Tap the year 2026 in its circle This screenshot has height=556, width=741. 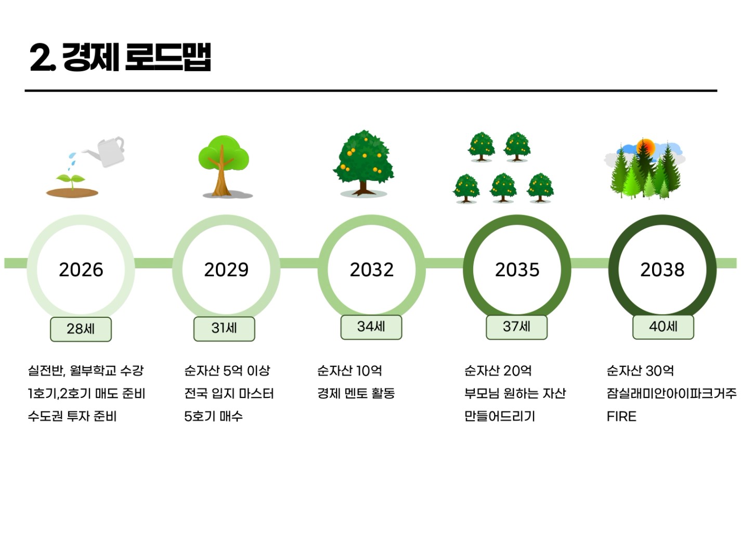[81, 269]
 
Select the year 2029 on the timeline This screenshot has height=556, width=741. [226, 269]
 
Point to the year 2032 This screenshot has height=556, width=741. [372, 269]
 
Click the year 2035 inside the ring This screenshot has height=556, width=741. [517, 269]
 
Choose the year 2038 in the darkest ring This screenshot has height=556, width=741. [662, 269]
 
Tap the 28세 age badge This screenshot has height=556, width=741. [81, 329]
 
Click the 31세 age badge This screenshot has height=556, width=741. [224, 329]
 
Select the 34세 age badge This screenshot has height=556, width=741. [371, 327]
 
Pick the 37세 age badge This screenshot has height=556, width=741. [517, 327]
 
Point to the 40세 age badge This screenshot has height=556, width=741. [663, 327]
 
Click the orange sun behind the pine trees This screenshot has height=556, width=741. [645, 148]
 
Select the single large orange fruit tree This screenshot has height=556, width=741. [363, 163]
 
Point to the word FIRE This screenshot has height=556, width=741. [621, 416]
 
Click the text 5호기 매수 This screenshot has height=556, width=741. [213, 416]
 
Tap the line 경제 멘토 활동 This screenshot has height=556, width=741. [356, 393]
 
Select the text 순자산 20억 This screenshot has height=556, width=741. [498, 371]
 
